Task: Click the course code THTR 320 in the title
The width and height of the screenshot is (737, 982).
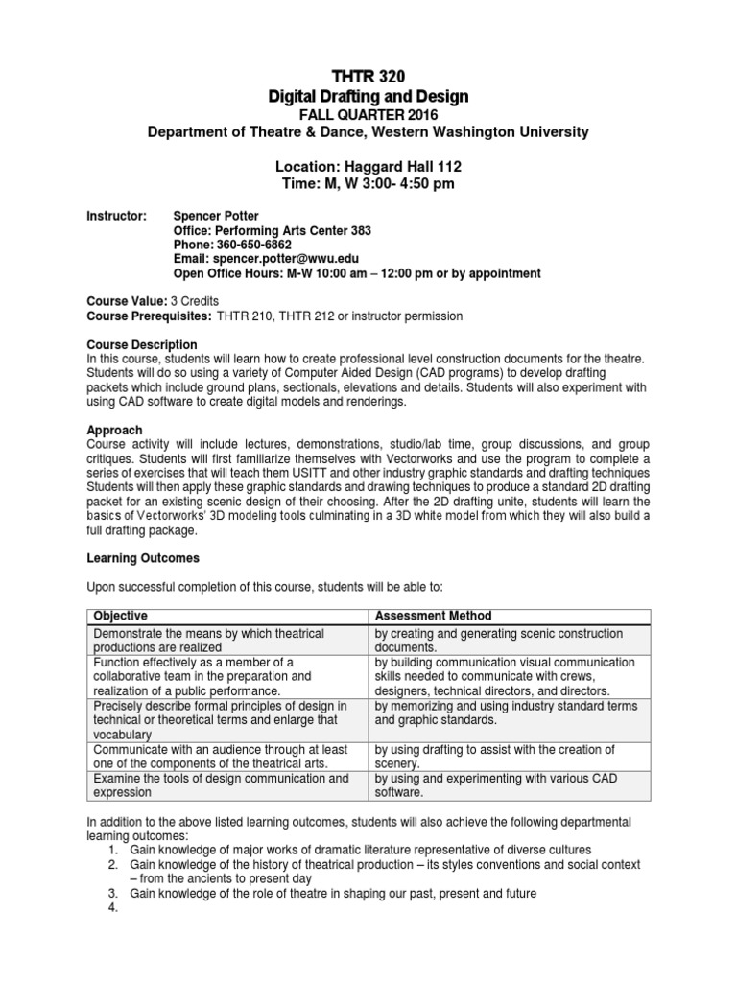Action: (368, 77)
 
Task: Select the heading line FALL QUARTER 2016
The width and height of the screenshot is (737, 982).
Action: (368, 115)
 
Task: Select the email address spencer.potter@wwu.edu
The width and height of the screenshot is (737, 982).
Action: (293, 259)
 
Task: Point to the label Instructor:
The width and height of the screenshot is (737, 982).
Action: (116, 217)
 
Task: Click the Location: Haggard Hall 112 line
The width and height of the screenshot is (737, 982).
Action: (368, 166)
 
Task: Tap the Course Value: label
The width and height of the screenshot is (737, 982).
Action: (126, 300)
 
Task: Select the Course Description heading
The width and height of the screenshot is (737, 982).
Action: (142, 344)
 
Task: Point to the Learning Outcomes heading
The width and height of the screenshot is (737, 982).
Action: (143, 557)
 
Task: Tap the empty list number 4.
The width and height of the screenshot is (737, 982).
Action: (112, 907)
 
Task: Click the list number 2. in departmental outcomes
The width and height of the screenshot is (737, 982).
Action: (112, 865)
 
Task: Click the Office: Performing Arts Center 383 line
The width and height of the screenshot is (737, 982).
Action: (272, 231)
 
